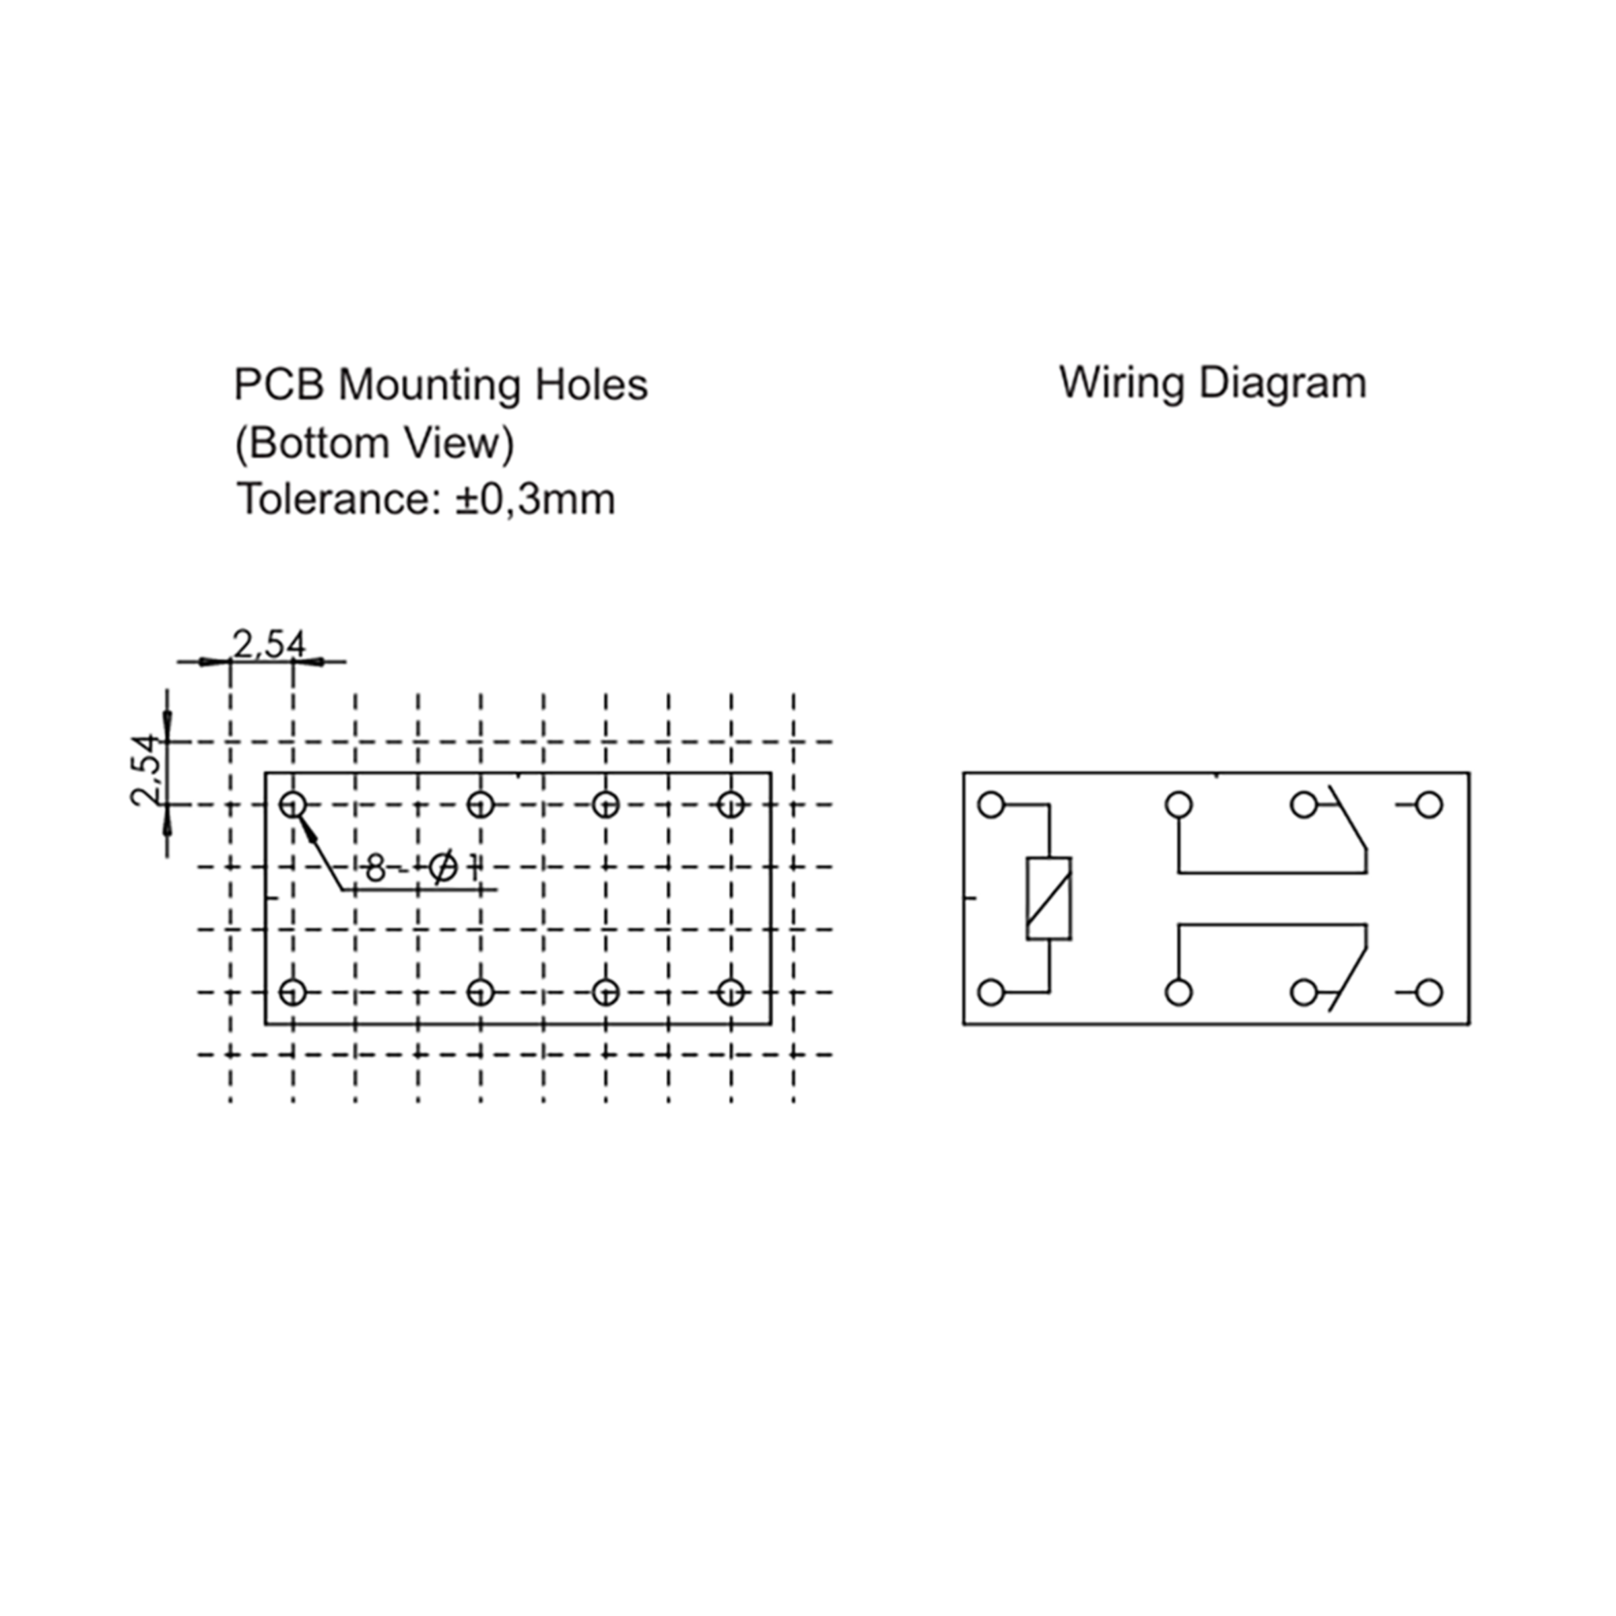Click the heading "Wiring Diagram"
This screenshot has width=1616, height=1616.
point(1212,384)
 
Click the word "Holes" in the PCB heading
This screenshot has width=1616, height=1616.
point(591,386)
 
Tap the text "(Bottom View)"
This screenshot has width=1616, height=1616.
point(374,443)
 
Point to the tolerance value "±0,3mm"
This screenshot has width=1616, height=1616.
point(535,500)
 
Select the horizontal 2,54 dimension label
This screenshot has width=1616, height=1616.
point(269,644)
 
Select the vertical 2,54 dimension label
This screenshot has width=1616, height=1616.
point(145,770)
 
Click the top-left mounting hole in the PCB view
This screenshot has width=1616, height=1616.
point(293,805)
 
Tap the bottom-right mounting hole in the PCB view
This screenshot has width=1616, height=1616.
point(731,993)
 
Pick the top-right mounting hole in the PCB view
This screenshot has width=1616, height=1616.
point(731,805)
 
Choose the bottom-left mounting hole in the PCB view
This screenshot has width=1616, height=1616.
point(293,993)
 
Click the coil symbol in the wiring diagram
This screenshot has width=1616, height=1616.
point(1049,898)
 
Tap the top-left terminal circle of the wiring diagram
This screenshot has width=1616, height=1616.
point(991,805)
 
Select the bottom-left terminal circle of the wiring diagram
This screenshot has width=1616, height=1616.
point(991,993)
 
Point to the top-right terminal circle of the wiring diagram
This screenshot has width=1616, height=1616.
point(1429,805)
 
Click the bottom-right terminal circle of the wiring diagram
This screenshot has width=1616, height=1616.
point(1429,993)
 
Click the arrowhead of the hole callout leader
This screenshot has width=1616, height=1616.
point(308,829)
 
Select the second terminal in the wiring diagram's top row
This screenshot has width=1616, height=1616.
point(1178,805)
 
